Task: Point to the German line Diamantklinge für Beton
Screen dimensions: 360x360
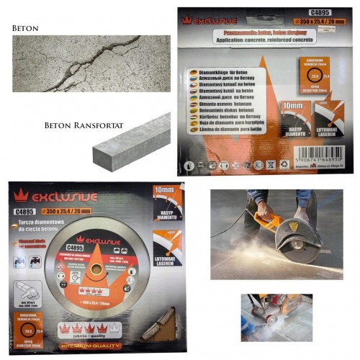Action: (x=229, y=73)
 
